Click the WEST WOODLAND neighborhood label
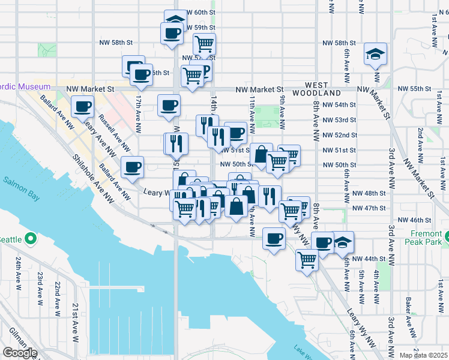pos(316,89)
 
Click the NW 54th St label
pos(339,104)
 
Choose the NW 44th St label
pos(367,259)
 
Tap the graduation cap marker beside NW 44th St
pos(343,242)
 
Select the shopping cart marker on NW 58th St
pos(204,44)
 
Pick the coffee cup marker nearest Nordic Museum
pos(82,107)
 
